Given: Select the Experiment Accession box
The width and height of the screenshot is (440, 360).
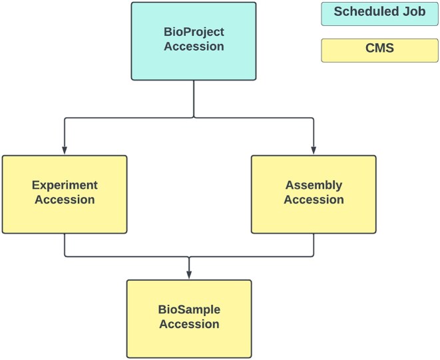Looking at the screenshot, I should [x=65, y=194].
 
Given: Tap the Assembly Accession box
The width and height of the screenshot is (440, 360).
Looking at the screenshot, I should [x=314, y=194].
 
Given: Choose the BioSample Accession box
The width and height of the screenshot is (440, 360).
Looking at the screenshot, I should [x=189, y=317].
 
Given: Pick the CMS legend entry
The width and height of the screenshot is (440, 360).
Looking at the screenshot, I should [x=377, y=50].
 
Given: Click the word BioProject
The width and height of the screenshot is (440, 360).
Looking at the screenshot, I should [x=194, y=32].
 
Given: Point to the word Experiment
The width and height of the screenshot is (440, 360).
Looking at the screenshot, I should [x=65, y=186].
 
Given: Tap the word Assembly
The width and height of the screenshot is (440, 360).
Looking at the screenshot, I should [x=314, y=186].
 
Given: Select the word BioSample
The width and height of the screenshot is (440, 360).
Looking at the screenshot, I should [x=190, y=309].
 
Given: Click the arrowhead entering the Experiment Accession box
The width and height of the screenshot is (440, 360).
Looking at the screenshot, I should [x=65, y=151].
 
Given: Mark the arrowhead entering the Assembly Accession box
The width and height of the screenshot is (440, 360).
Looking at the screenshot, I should [x=314, y=151].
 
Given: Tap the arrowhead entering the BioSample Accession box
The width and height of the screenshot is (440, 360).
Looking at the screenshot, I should [x=189, y=275].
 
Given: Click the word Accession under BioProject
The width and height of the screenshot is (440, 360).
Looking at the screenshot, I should [x=194, y=47].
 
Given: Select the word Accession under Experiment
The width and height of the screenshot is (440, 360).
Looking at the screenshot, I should [x=65, y=200].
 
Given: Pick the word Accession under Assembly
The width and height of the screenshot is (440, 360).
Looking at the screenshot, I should [x=314, y=200].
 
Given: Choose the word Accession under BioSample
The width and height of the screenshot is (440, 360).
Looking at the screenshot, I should [x=190, y=325].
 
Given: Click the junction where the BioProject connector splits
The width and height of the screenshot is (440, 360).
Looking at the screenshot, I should [x=193, y=117].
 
